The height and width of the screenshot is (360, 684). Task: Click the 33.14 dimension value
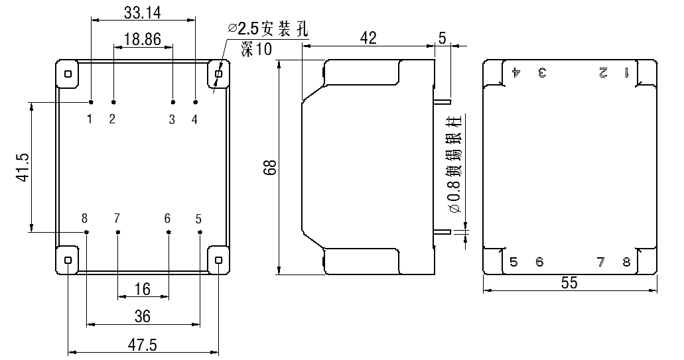pos(143,11)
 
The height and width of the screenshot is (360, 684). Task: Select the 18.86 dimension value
pos(142,39)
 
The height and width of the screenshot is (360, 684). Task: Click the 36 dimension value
pos(142,316)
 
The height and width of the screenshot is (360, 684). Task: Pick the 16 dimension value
pos(142,289)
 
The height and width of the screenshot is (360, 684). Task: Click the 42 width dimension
pos(368,38)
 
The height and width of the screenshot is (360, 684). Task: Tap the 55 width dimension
pos(569,282)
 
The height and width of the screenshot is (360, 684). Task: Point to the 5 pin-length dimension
pos(443,38)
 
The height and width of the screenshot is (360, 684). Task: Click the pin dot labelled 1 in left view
pos(91,102)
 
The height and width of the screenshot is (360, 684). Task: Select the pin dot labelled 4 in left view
pos(195,102)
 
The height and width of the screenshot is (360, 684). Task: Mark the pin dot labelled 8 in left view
pos(87,232)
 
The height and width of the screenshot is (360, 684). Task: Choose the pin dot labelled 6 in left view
pos(169,232)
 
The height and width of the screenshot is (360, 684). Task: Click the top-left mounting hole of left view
pos(68,74)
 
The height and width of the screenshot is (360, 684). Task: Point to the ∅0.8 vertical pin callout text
pos(454,166)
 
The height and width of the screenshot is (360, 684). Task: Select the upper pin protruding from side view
pos(443,103)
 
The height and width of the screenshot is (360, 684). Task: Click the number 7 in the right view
pos(600,262)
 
